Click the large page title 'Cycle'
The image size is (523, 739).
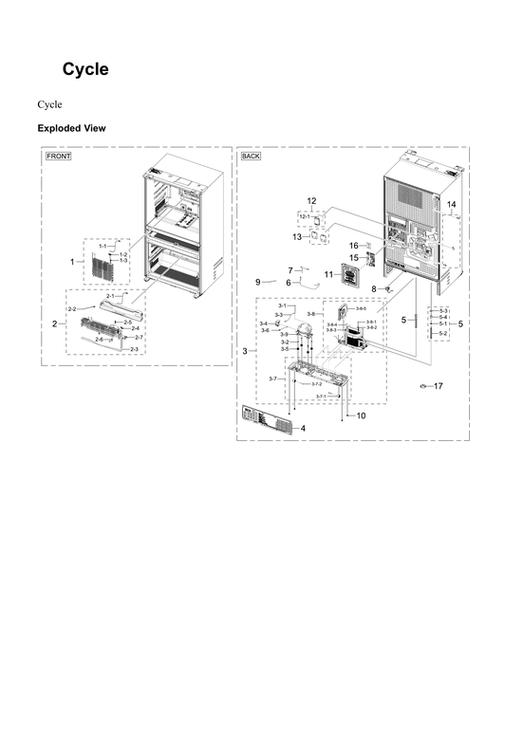(85, 69)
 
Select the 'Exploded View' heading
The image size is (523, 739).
(71, 128)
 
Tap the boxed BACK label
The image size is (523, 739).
(251, 156)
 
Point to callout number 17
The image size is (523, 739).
(438, 386)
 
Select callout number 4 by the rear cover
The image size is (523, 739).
(303, 429)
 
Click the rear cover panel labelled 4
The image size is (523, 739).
(268, 418)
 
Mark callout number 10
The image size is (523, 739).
(361, 416)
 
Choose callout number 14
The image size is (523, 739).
(452, 205)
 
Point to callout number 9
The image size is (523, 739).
(257, 282)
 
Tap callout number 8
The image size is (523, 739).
(374, 288)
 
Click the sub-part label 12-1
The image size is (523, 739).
(306, 217)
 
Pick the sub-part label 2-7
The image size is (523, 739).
(139, 338)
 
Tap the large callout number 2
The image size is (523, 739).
(55, 324)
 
